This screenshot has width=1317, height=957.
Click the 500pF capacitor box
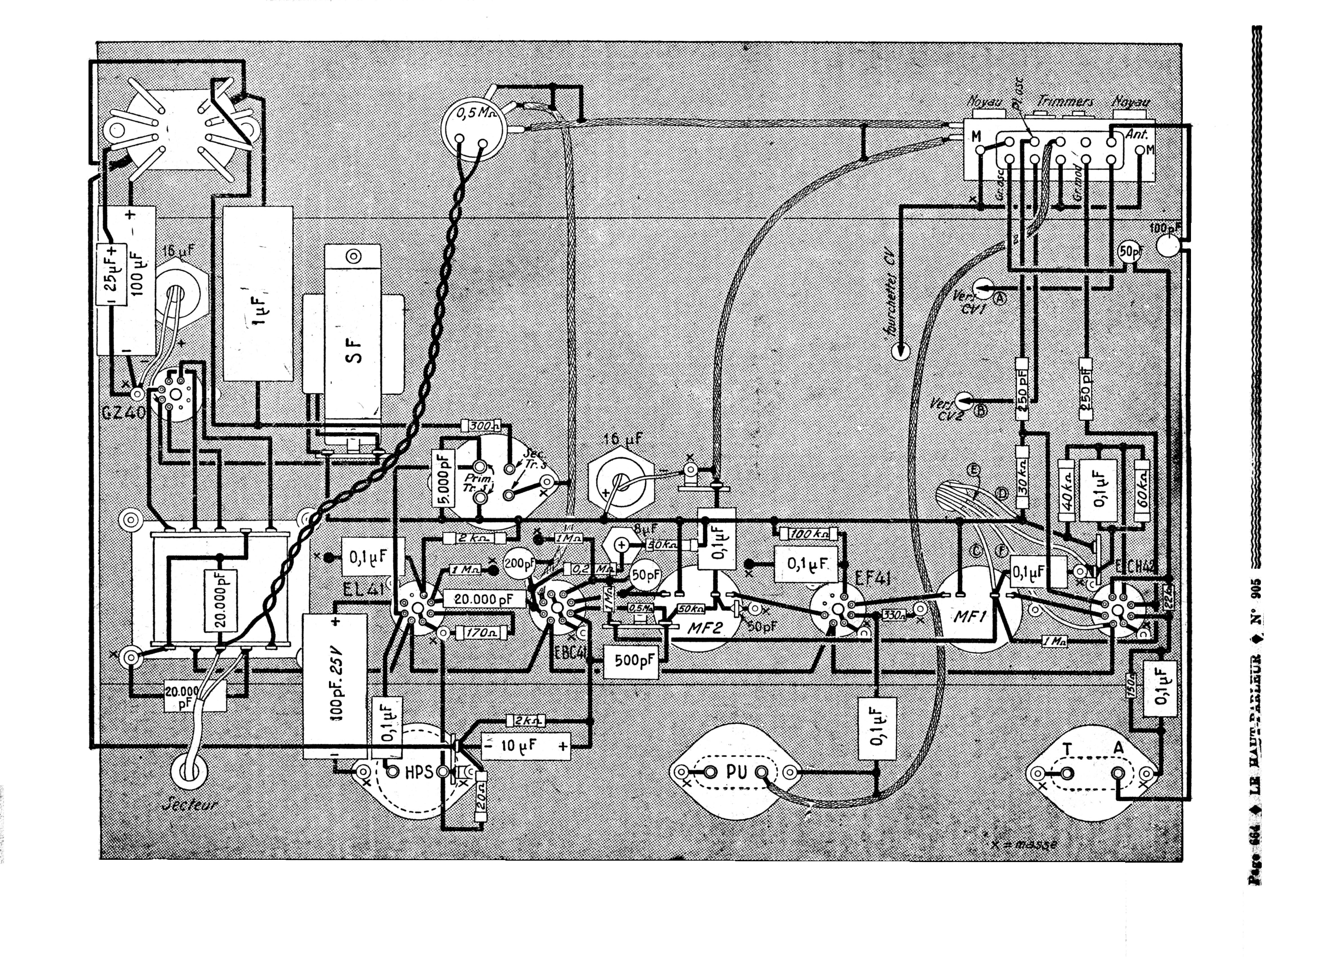(632, 661)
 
